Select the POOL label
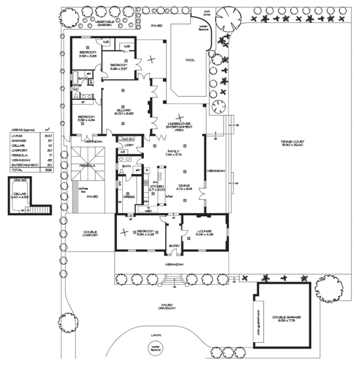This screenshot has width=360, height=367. [x=190, y=60]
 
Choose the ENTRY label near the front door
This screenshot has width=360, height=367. [x=174, y=246]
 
